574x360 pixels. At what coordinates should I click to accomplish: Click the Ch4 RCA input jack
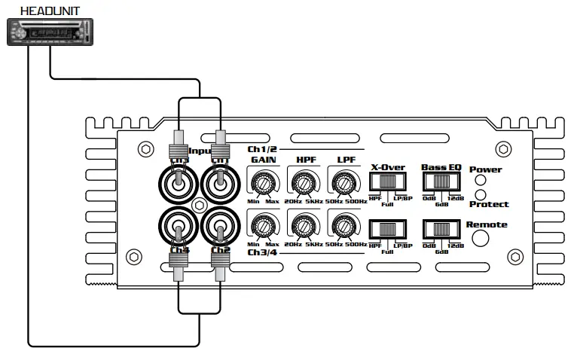[179, 225]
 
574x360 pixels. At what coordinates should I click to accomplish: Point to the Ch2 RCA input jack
[219, 225]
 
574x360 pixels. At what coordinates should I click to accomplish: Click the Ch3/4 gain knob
[263, 225]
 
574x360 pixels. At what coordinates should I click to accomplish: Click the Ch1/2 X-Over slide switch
[388, 182]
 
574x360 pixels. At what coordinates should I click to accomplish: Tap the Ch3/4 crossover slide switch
[388, 229]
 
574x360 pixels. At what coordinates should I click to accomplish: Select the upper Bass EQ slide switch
[442, 182]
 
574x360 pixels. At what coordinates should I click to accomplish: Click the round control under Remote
[479, 238]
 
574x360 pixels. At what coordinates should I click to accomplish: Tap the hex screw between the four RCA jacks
[199, 204]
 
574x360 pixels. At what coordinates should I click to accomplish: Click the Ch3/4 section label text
[263, 252]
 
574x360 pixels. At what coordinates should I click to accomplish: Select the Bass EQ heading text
[441, 166]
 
